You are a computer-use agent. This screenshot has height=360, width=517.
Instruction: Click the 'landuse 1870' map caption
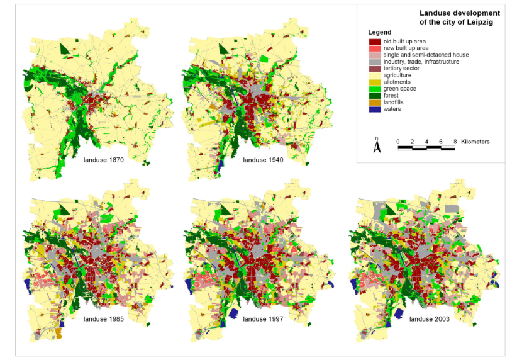(x=104, y=161)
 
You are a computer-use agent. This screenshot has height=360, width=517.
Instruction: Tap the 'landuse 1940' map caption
(x=264, y=161)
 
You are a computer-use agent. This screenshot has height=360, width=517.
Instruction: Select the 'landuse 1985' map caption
(x=103, y=319)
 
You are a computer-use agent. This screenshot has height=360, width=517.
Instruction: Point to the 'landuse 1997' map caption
(x=264, y=319)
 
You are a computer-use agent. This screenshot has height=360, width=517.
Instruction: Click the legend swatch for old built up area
(x=374, y=42)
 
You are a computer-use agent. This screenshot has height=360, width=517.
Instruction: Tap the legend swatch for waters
(x=374, y=109)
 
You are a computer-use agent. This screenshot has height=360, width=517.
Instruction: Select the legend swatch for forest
(x=374, y=96)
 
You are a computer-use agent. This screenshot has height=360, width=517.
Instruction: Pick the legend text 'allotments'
(x=398, y=82)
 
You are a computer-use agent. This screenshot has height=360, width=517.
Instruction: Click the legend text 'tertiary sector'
(x=403, y=69)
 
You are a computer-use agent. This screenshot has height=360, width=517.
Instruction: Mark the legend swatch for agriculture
(x=374, y=76)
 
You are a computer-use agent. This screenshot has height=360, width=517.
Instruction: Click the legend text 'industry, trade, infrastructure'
(x=421, y=62)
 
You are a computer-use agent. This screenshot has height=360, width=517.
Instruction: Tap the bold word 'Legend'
(x=379, y=32)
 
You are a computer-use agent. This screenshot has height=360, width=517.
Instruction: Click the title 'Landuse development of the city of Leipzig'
(x=459, y=17)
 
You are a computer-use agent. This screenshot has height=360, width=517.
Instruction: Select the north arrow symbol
(x=376, y=146)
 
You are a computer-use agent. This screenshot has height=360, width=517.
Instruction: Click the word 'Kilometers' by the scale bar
(x=475, y=142)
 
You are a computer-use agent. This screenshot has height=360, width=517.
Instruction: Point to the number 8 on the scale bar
(x=455, y=142)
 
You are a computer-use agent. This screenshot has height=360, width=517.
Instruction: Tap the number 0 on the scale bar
(x=398, y=142)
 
